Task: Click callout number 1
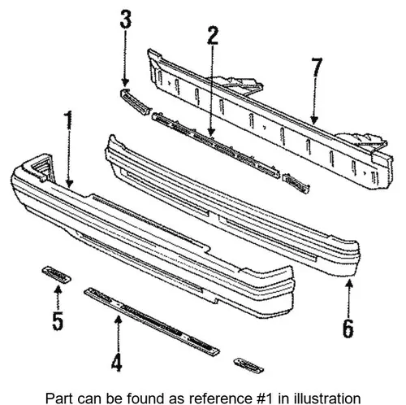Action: [x=69, y=120]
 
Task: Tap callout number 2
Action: [x=213, y=36]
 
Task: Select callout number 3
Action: [x=126, y=19]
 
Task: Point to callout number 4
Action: [x=117, y=363]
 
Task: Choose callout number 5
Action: [x=58, y=320]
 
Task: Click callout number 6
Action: [x=348, y=329]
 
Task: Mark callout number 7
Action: [x=317, y=67]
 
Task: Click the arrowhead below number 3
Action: [x=125, y=82]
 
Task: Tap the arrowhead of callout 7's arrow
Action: [x=314, y=120]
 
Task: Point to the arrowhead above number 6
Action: [x=349, y=285]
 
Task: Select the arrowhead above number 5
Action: [x=58, y=291]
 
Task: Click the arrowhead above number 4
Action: [x=118, y=320]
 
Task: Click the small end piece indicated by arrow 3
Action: [x=135, y=102]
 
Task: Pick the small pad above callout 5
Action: [x=56, y=274]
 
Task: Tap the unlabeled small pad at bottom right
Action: [x=248, y=365]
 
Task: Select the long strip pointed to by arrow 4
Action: [x=152, y=321]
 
